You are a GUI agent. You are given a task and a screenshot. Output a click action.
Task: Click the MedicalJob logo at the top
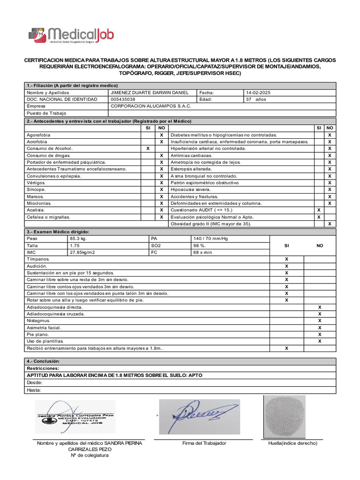[x=71, y=36]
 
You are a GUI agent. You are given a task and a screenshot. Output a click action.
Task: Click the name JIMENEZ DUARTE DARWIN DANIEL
[x=149, y=93]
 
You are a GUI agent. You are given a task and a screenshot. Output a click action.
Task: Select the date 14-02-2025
[x=258, y=93]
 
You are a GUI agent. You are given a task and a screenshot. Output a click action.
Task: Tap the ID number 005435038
[x=123, y=99]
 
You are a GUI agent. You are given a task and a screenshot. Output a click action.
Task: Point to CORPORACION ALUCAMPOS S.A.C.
[x=150, y=106]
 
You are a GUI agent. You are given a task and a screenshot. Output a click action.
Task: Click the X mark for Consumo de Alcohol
[x=148, y=149]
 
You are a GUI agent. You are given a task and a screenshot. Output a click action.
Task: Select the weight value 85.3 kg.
[x=78, y=239]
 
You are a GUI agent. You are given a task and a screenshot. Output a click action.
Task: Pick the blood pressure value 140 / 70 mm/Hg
[x=210, y=239]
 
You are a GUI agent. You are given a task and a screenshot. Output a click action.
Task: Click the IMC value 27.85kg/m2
[x=82, y=252]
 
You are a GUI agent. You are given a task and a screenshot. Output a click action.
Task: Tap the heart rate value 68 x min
[x=203, y=252]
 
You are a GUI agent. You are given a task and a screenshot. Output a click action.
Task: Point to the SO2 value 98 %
[x=200, y=246]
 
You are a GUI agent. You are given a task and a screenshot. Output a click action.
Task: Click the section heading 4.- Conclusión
[x=44, y=361]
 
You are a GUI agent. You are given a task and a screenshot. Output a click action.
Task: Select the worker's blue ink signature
[x=199, y=416]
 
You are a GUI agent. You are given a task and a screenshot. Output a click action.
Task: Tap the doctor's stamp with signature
[x=75, y=417]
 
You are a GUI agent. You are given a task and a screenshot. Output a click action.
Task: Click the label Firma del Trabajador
[x=204, y=443]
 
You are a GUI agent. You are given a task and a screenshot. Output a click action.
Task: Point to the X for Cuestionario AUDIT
[x=319, y=210]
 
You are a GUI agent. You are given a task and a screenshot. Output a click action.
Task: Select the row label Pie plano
[x=37, y=334]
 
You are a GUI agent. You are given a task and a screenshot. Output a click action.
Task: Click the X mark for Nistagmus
[x=320, y=321]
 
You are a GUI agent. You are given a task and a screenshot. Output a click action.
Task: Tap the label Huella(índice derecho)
[x=292, y=443]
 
